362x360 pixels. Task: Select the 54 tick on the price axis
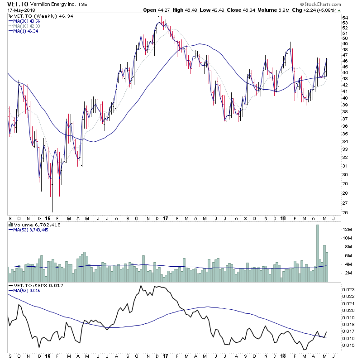[x=345, y=18]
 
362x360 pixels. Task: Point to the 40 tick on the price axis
[x=345, y=97]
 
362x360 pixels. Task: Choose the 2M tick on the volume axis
[x=346, y=273]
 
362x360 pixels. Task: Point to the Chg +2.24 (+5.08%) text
[x=317, y=10]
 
